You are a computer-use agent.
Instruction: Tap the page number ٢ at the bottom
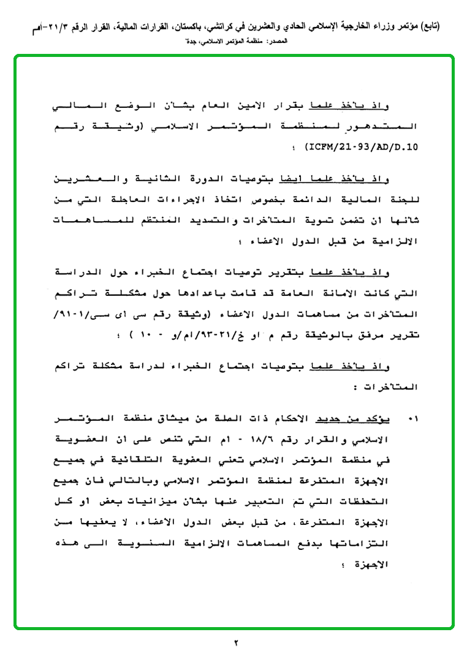click(234, 642)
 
